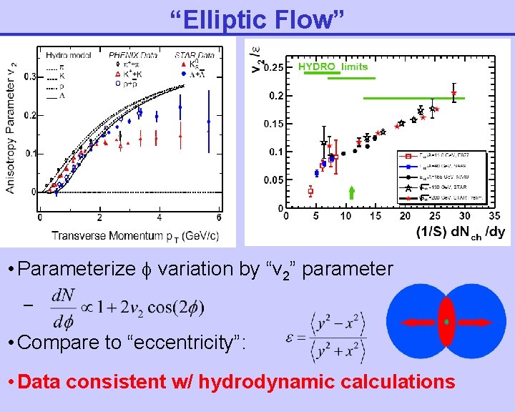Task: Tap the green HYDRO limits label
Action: (333, 67)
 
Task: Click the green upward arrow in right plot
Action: (351, 192)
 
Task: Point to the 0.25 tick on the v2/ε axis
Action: (274, 68)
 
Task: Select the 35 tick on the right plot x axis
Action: (494, 216)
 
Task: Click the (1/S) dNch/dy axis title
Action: (460, 232)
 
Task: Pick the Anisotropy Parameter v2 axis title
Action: (12, 128)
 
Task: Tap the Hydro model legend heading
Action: (67, 54)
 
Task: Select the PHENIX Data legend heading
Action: (133, 54)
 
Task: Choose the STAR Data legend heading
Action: (194, 54)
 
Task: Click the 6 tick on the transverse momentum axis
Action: (219, 217)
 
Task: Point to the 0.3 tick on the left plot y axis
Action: (30, 77)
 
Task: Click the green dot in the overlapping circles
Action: (446, 323)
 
